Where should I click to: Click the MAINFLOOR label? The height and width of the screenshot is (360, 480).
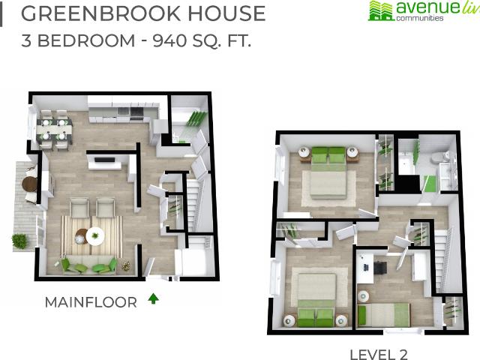pos(91,302)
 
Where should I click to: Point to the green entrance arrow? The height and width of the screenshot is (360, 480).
pos(153,298)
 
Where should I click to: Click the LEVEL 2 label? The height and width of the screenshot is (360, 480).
pos(378,353)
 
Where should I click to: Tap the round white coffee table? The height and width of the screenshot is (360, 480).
pos(95,236)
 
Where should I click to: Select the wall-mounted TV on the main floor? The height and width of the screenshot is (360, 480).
pos(104,160)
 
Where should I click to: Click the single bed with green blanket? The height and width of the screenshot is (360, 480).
pos(382,314)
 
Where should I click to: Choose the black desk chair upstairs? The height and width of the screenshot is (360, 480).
pos(381,265)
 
